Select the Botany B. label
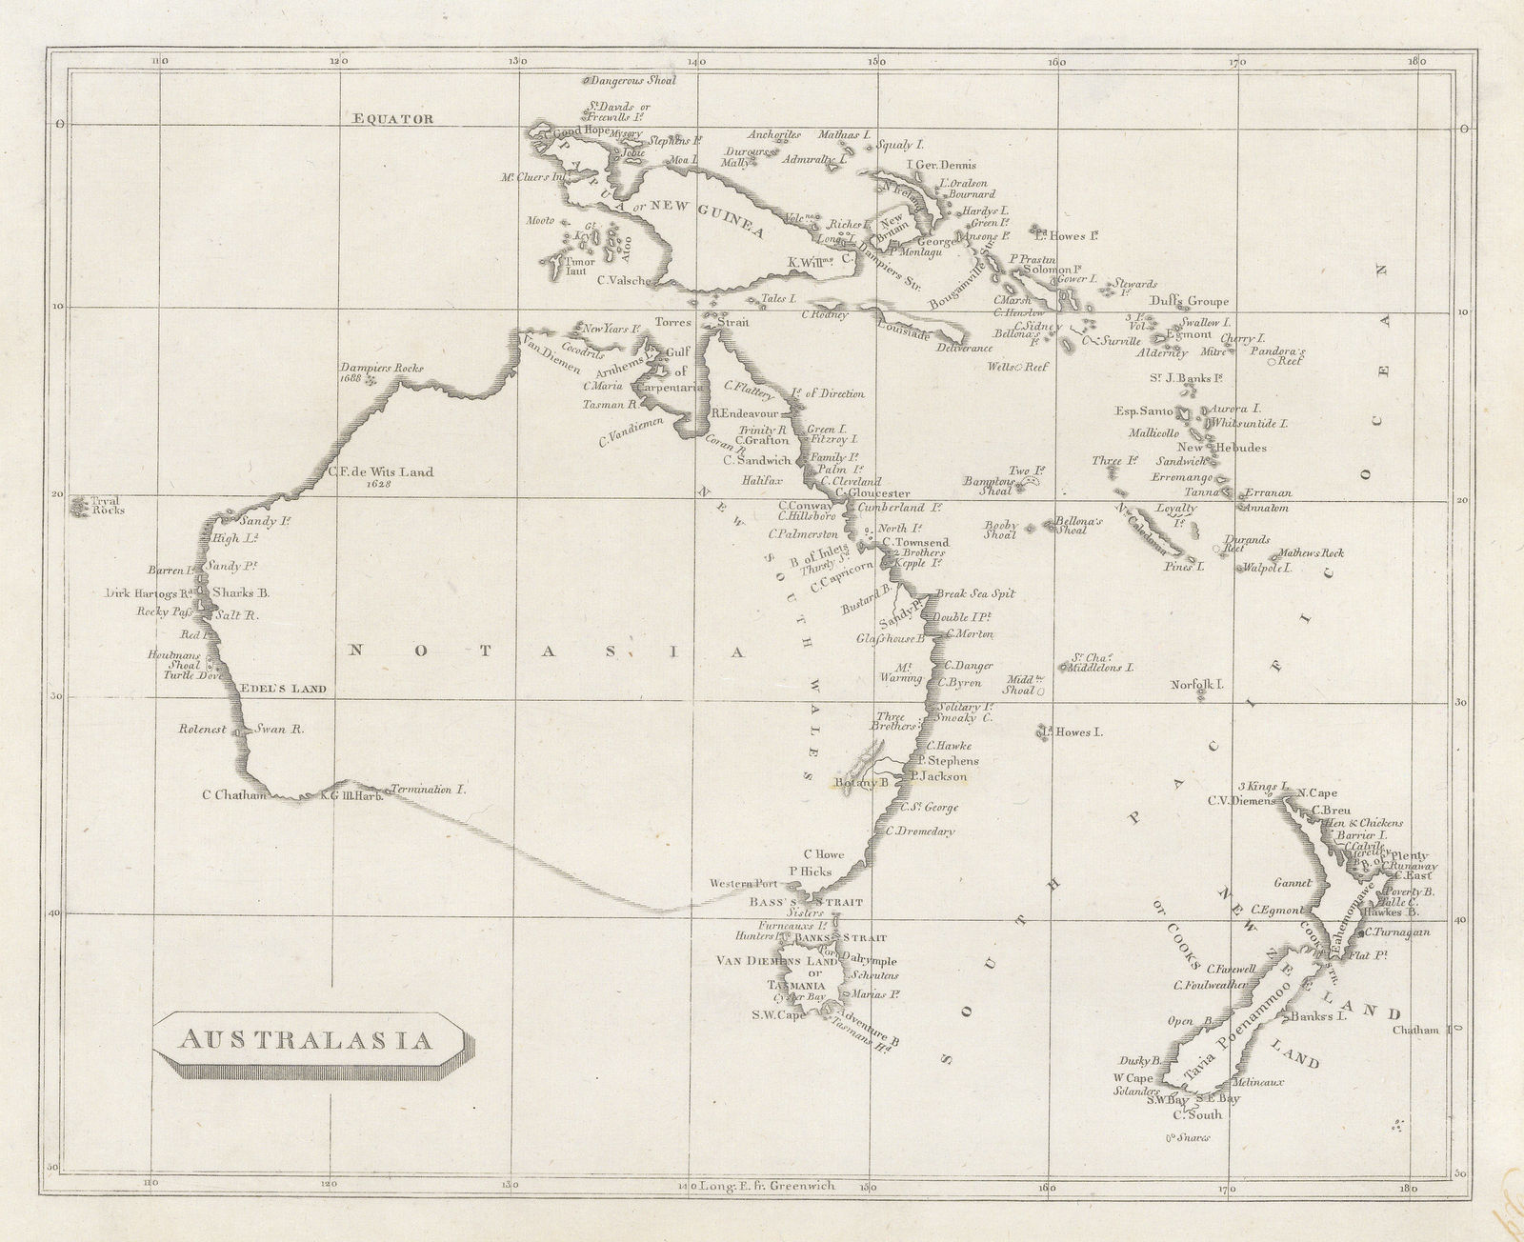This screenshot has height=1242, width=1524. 861,783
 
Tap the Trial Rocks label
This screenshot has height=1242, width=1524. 99,505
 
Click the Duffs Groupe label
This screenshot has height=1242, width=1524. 1189,301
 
